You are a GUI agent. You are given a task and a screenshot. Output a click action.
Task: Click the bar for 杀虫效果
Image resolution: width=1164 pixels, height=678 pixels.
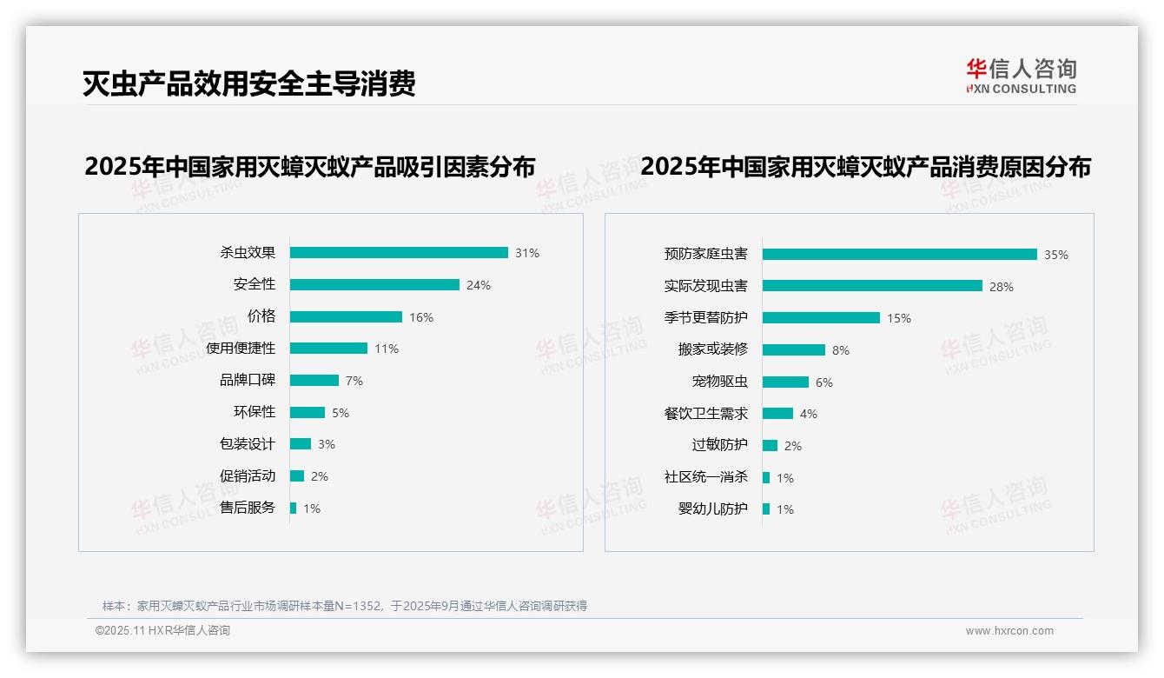click(x=399, y=253)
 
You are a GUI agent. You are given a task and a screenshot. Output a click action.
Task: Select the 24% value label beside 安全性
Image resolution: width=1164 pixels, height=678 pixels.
click(x=479, y=285)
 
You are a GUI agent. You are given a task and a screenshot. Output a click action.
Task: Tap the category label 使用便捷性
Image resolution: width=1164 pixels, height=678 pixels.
click(x=241, y=349)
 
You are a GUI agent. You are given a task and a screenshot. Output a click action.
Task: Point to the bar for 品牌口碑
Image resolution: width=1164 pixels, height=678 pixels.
click(x=314, y=381)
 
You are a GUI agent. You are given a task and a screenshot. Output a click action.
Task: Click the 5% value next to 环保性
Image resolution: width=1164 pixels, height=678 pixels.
click(x=341, y=413)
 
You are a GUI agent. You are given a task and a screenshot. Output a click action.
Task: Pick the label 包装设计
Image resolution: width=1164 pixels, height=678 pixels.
click(x=248, y=444)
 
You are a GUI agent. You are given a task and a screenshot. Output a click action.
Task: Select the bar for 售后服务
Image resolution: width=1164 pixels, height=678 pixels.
click(x=294, y=508)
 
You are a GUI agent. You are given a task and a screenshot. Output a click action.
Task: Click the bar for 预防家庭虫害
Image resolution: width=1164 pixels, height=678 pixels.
click(x=899, y=255)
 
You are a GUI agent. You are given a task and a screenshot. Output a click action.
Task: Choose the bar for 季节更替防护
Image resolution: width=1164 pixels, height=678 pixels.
click(x=821, y=318)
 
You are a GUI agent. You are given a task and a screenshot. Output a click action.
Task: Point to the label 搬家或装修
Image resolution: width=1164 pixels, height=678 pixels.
click(x=713, y=349)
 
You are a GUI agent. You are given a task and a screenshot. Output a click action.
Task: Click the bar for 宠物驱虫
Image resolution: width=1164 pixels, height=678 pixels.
click(x=785, y=382)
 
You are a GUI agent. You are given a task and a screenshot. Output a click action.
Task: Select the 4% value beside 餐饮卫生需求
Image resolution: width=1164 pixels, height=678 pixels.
click(x=808, y=414)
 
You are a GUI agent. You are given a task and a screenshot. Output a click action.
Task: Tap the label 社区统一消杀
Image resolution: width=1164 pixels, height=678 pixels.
click(x=706, y=477)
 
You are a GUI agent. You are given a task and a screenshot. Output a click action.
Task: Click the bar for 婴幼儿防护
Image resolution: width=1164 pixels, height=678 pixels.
click(x=766, y=509)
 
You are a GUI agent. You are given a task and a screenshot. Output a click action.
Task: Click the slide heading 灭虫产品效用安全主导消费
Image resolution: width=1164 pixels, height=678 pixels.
click(x=249, y=83)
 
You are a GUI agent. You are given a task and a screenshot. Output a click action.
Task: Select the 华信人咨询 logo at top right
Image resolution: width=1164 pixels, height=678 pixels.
click(x=1021, y=76)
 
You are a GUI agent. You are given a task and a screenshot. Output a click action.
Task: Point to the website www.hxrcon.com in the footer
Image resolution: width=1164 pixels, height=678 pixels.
click(x=1009, y=631)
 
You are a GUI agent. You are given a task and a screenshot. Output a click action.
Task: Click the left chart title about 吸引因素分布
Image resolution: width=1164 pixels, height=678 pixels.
click(x=310, y=167)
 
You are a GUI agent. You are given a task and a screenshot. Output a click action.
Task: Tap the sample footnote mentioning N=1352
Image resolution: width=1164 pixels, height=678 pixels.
click(x=345, y=606)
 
